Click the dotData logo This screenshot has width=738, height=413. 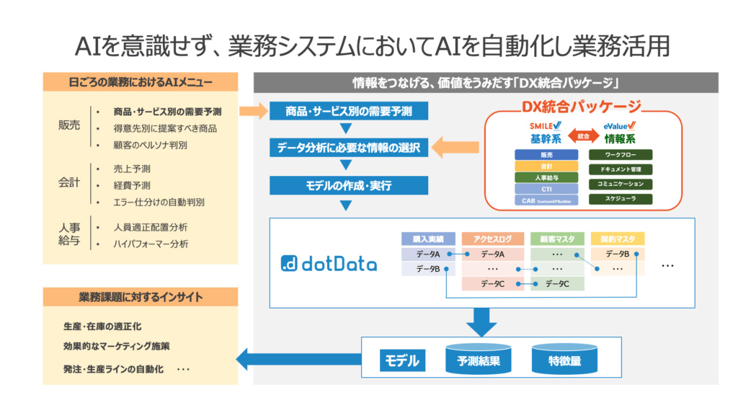329,264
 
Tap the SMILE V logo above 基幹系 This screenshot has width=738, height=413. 545,126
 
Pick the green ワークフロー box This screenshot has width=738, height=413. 621,154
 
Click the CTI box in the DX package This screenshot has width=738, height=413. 546,188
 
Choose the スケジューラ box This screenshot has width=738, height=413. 621,199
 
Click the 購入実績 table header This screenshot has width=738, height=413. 428,239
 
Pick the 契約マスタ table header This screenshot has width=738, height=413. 617,239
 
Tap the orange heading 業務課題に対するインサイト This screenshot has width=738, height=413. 140,296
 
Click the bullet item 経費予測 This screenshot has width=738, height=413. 132,185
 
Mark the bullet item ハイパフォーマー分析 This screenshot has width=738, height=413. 151,244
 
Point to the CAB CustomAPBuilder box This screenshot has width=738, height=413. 546,200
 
